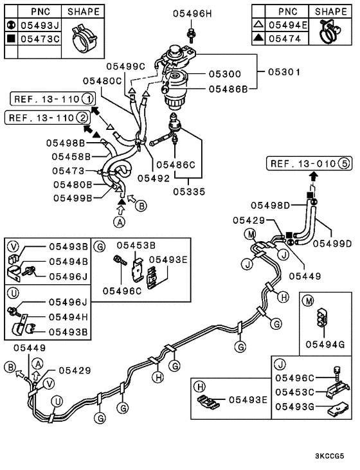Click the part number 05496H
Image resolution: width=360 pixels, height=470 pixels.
tap(190, 13)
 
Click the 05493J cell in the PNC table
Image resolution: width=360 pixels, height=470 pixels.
tap(38, 25)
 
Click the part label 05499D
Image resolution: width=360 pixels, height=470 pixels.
tap(332, 243)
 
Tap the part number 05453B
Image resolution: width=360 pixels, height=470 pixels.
tap(136, 245)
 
